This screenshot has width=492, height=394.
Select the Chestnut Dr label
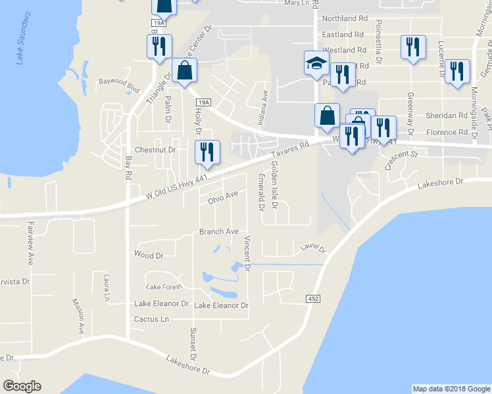point(156,150)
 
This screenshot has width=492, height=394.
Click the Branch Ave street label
point(218,232)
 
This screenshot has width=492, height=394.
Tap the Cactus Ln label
point(151,319)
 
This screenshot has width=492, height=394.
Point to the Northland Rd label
point(345,19)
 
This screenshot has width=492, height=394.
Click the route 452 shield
point(314,299)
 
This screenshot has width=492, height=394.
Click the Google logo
point(22,386)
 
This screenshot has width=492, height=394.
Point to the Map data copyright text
point(451,389)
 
